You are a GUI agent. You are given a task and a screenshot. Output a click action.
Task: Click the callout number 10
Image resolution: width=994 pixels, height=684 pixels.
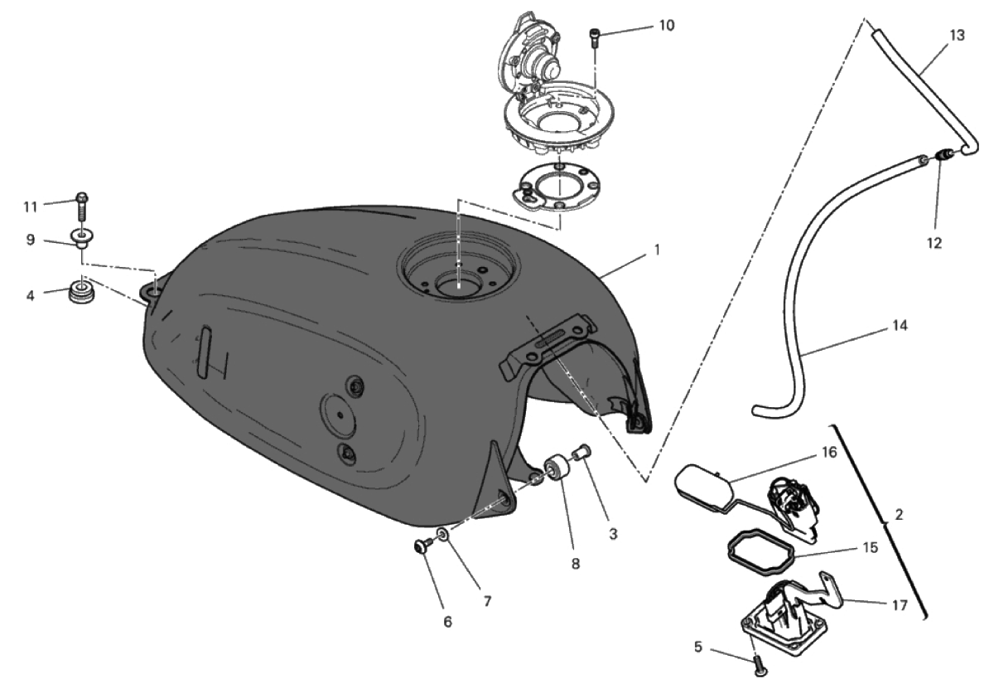[667, 26]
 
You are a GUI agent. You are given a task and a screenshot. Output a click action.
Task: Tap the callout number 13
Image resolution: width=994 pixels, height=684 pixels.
[958, 35]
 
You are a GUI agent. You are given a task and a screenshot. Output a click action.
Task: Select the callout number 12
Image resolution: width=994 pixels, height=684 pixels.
[934, 243]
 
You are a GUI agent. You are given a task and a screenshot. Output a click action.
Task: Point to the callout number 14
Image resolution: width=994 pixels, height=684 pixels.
[900, 326]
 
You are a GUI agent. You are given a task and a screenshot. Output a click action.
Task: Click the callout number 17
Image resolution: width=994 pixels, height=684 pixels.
[900, 605]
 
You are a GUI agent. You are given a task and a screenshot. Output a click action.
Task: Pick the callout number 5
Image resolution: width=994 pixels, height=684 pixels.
[698, 648]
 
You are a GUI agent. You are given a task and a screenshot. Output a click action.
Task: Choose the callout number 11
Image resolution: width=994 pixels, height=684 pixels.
[30, 207]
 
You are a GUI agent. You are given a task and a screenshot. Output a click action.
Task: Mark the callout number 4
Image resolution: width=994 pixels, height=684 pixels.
[30, 295]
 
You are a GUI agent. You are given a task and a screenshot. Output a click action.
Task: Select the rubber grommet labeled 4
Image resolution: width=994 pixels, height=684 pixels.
[82, 291]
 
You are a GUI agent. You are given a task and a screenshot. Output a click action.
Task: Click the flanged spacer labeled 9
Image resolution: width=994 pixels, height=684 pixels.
[82, 239]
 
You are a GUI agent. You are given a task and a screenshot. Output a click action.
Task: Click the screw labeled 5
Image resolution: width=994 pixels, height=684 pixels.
[760, 667]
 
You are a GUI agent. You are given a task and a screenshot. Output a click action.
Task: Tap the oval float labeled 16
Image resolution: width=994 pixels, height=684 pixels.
[704, 488]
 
